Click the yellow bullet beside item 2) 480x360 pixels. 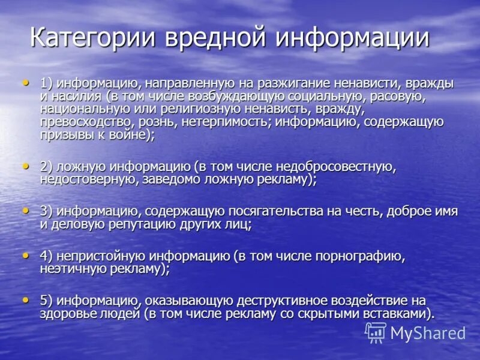(x=25, y=165)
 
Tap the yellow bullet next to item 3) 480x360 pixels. (x=25, y=210)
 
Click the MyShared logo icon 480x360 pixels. (x=376, y=332)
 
